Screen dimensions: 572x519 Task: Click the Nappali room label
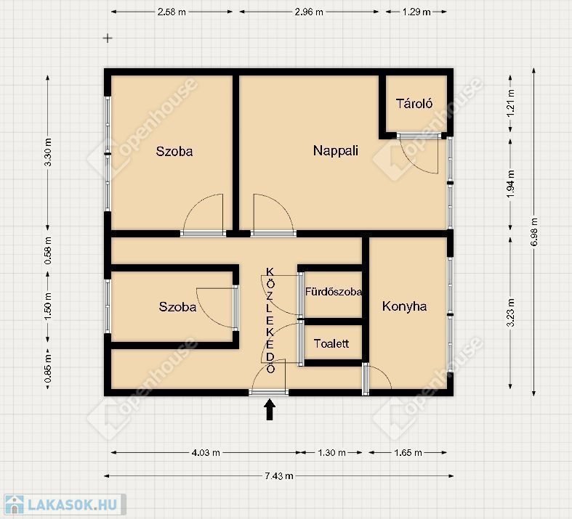pos(336,151)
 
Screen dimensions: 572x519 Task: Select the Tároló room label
pos(414,104)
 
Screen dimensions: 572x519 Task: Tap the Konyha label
pos(404,306)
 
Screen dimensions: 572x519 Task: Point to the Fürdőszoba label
pos(334,292)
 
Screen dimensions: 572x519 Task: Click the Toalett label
pos(331,343)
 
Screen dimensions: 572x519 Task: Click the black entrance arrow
pos(270,409)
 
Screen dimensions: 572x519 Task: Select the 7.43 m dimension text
pos(279,476)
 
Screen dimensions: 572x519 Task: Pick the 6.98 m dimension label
pos(534,232)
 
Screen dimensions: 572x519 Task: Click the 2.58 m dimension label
pos(172,12)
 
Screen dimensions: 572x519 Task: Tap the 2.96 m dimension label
pos(309,12)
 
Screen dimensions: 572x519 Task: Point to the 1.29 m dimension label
pos(416,12)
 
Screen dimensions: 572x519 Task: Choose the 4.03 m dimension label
pos(206,453)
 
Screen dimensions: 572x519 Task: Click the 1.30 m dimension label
pos(331,453)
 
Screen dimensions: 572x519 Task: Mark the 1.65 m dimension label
pos(408,453)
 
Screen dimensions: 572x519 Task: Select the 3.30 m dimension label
pos(48,152)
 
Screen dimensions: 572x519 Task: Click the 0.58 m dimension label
pos(48,251)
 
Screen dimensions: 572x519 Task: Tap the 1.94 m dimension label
pos(511,184)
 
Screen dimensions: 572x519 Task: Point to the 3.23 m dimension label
pos(511,313)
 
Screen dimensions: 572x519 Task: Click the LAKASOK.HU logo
pos(65,504)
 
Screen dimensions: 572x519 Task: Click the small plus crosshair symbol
pos(108,38)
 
